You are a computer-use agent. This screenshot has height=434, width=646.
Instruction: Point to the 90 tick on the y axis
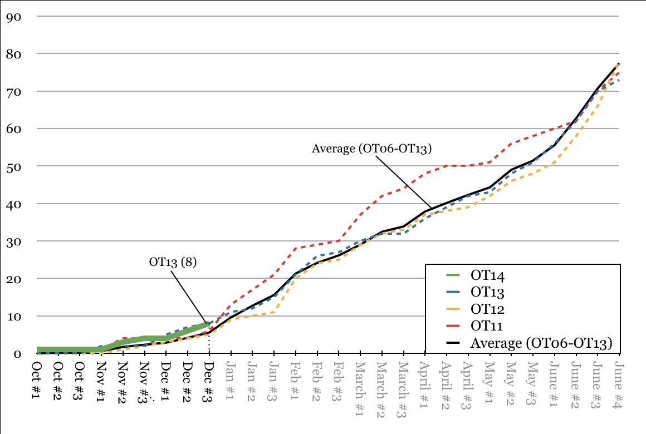pos(13,17)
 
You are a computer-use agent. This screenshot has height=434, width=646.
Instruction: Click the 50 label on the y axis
pos(13,166)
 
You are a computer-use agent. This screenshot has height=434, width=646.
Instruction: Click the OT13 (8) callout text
pos(173,262)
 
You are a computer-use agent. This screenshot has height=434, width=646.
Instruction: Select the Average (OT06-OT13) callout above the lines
pos(372,149)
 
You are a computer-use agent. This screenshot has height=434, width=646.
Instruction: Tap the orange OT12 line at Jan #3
pos(273,312)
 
